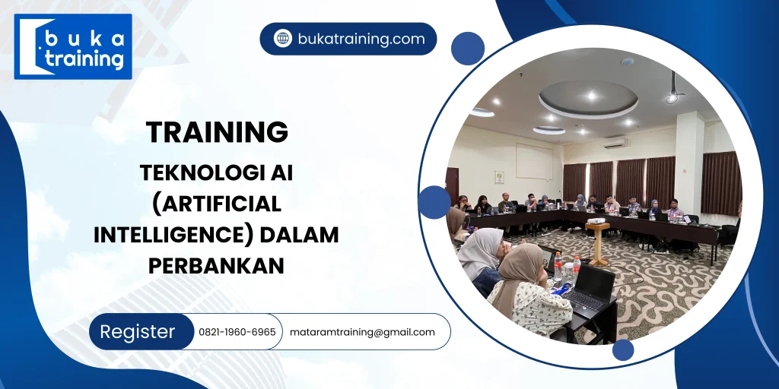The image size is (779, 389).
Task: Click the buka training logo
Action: [x=73, y=46]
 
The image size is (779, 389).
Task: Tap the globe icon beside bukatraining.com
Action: [x=283, y=39]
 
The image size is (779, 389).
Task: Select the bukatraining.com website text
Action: [x=361, y=39]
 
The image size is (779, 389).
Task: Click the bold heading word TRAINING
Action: [x=217, y=132]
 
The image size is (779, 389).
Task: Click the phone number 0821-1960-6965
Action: [x=237, y=332]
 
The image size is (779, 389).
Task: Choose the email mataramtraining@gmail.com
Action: [x=362, y=332]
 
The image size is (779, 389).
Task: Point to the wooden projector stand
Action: [x=598, y=241]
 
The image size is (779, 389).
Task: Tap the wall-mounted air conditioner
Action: [x=615, y=142]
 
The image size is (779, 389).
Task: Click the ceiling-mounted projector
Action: [x=672, y=95]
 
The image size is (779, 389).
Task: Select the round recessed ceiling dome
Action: [x=588, y=98]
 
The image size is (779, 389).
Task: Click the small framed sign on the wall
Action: [x=499, y=176]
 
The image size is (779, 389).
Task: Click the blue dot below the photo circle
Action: [x=623, y=349]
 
